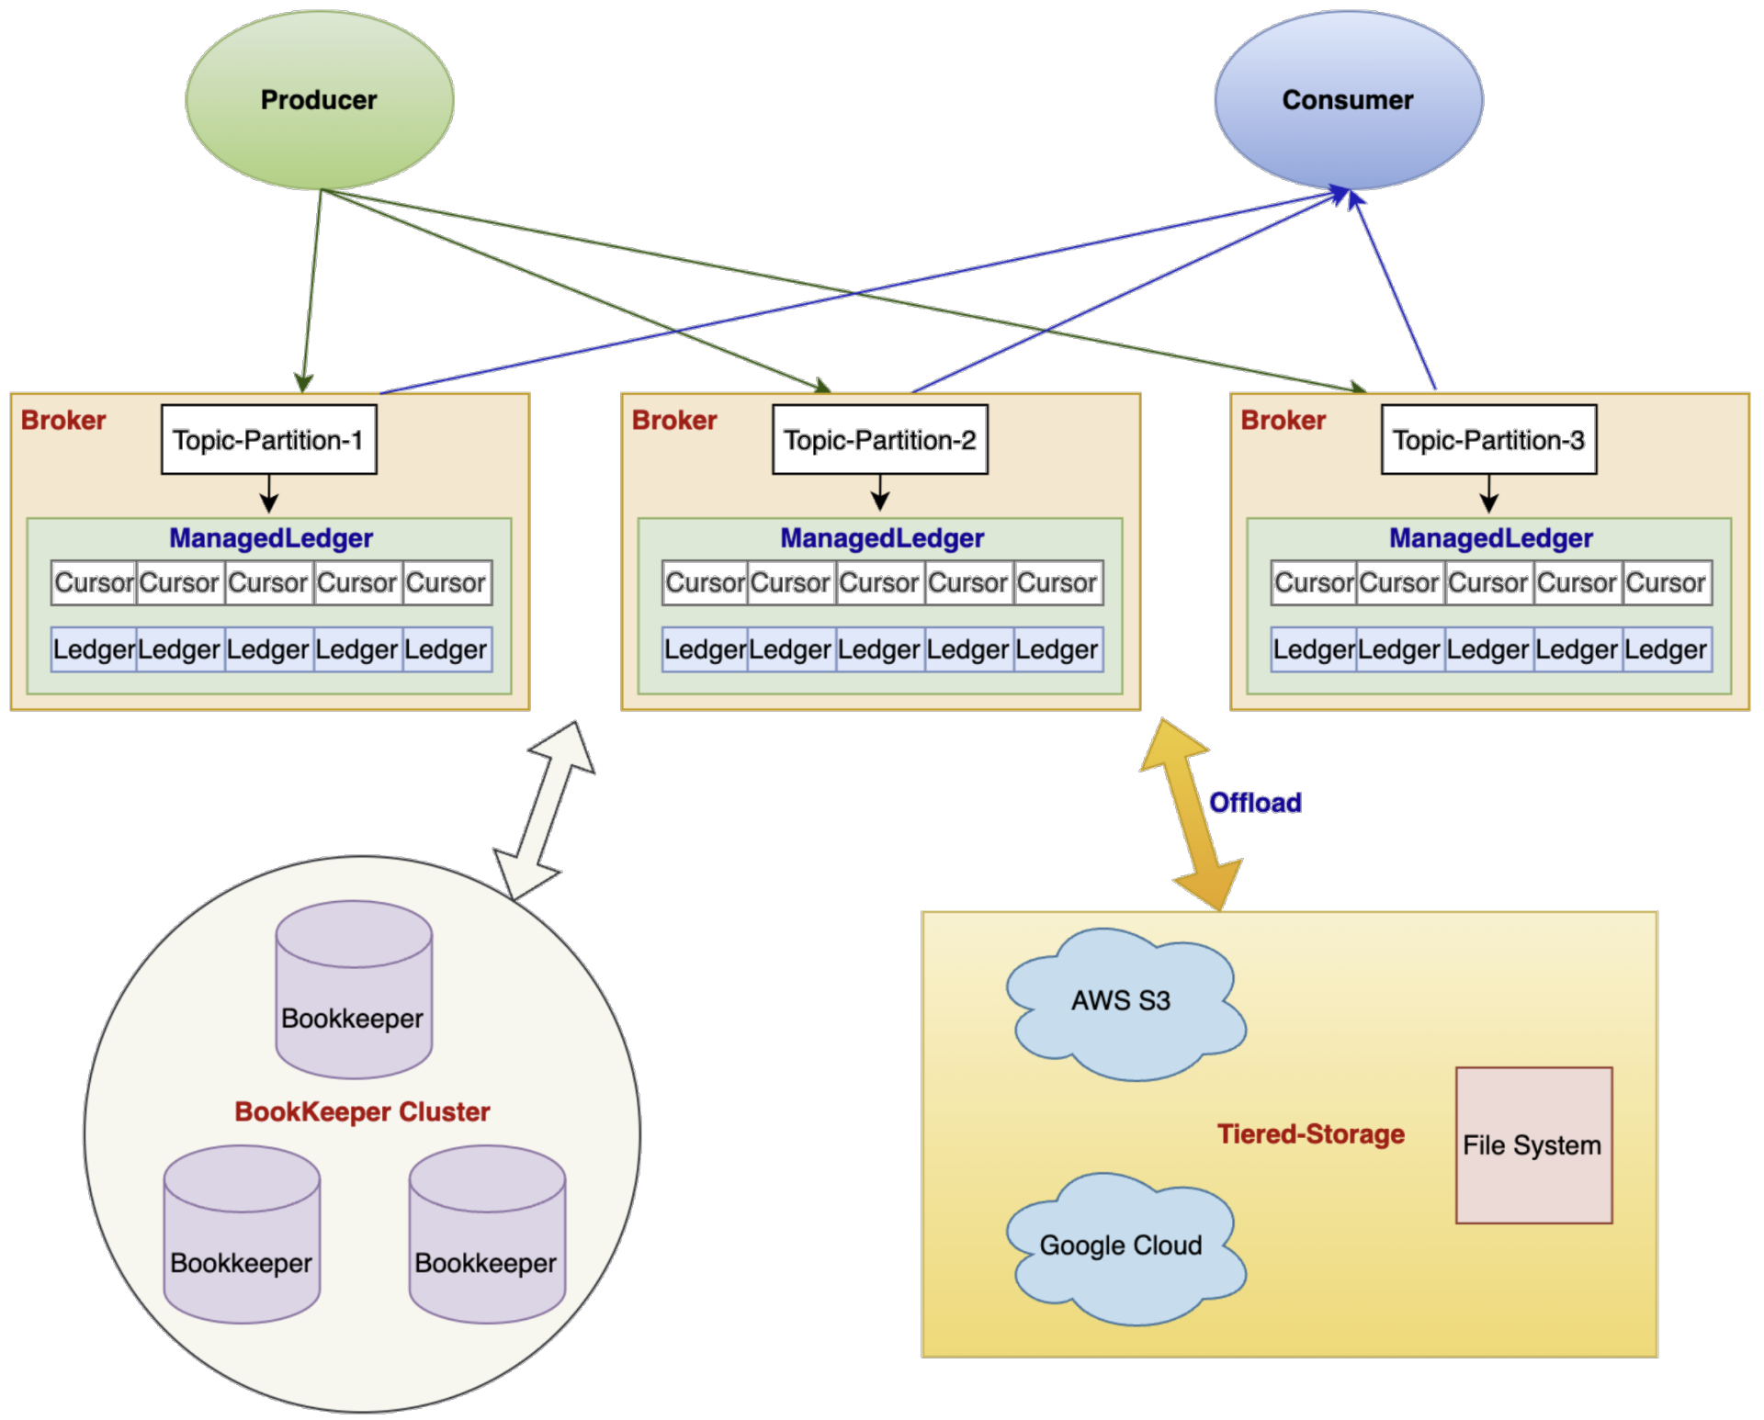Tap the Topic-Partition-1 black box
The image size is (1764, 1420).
coord(268,440)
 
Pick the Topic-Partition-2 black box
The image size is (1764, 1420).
coord(879,440)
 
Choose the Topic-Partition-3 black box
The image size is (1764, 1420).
coord(1488,440)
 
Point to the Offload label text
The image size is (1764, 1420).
coord(1255,803)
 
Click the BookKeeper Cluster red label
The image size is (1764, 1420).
coord(362,1112)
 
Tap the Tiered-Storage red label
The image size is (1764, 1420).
coord(1310,1134)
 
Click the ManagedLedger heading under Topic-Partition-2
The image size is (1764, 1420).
coord(882,538)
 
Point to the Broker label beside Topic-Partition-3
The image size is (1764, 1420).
coord(1283,421)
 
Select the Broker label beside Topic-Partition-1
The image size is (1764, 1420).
coord(63,421)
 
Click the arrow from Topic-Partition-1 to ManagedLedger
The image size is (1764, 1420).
coord(268,493)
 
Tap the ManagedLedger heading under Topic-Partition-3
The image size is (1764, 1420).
coord(1490,538)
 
